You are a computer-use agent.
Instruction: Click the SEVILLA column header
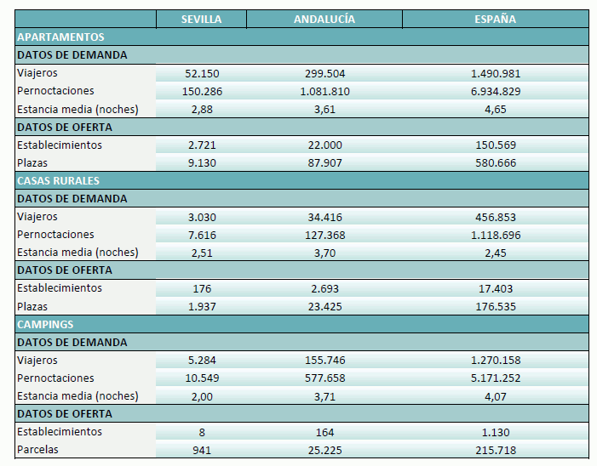202,20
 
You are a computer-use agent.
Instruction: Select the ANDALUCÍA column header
324,20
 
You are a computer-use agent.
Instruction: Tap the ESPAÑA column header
495,20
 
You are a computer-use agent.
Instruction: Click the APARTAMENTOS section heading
60,37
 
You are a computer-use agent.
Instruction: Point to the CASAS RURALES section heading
59,181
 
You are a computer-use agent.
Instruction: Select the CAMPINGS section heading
45,325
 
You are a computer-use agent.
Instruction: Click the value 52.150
202,74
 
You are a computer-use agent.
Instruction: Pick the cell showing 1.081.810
324,92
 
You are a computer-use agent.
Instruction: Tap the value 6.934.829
495,92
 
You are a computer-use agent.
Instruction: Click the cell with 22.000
324,145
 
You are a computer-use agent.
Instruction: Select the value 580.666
495,163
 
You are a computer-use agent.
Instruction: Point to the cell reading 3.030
202,218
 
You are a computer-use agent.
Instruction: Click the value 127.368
324,236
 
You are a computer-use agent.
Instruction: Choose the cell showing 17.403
495,289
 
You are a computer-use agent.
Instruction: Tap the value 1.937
202,307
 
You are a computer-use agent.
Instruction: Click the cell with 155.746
324,361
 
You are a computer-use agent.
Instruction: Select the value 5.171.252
495,378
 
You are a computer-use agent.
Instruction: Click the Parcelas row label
38,450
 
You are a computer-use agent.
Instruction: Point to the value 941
202,451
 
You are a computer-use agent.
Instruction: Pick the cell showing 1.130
495,432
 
